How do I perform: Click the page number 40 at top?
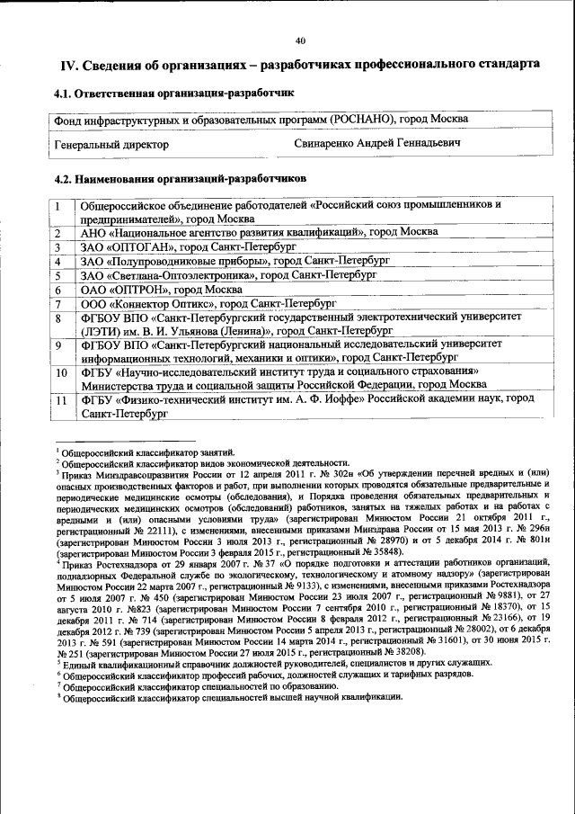pyautogui.click(x=300, y=40)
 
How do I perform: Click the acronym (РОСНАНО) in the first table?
pyautogui.click(x=363, y=119)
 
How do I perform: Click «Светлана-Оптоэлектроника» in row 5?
pyautogui.click(x=181, y=276)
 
